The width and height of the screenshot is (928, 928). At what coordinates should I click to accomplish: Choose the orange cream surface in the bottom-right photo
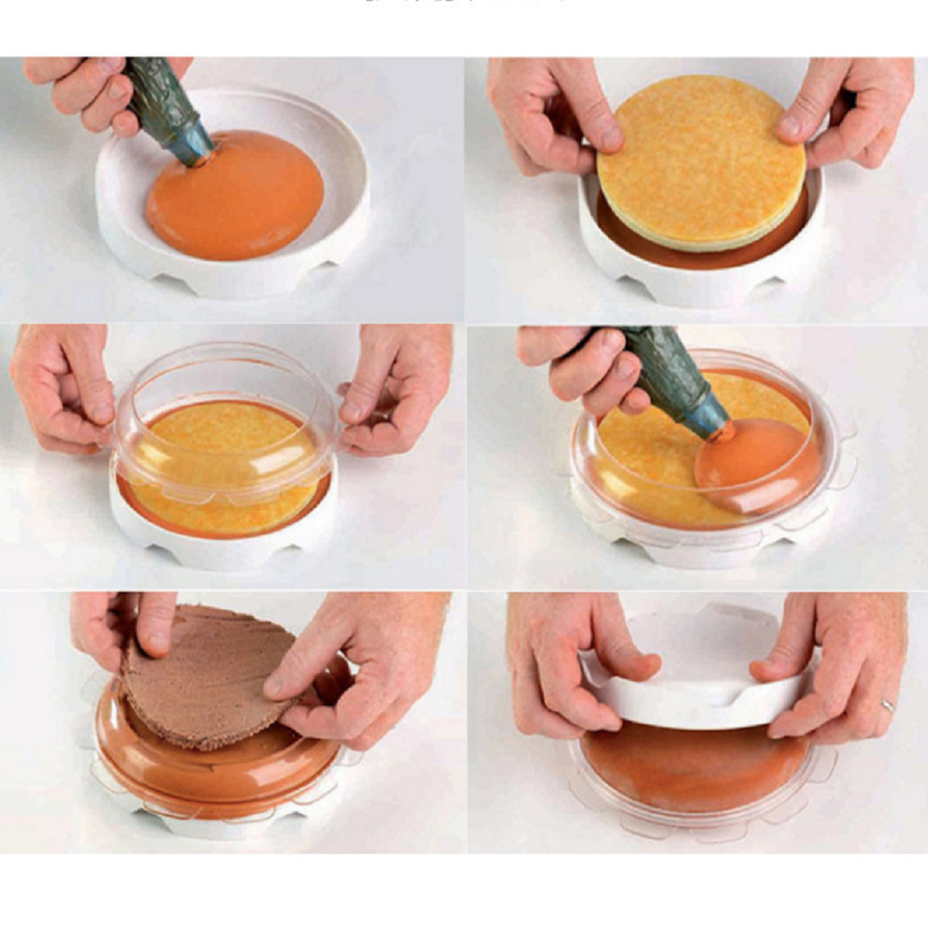pos(691,766)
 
